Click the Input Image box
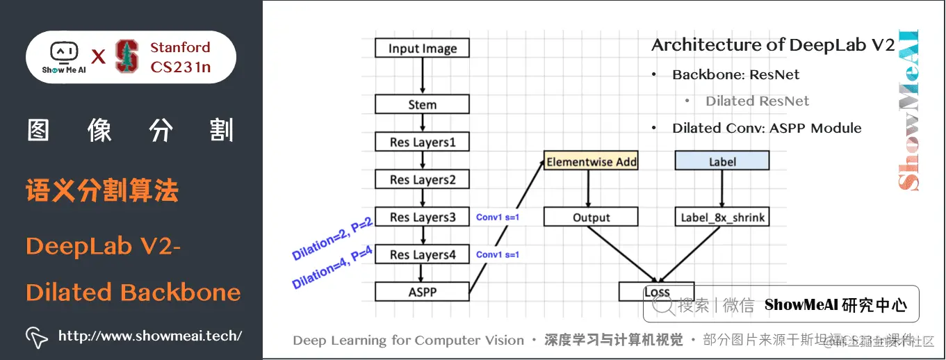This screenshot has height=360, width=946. point(422,48)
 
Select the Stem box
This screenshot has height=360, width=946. point(422,105)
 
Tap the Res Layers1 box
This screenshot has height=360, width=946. point(422,142)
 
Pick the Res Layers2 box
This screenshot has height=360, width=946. point(422,180)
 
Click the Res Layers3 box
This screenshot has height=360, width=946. point(422,218)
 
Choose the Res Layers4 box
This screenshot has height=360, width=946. point(422,255)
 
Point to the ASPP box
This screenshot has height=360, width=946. point(422,291)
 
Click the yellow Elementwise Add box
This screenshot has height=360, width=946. point(591,161)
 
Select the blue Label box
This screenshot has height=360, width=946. point(722,161)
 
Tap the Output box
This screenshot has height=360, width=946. point(591,218)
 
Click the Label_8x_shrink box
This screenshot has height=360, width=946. point(722,218)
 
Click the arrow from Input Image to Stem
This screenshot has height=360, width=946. point(422,76)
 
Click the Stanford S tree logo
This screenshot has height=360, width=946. point(127,57)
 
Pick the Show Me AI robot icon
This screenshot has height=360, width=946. point(64,53)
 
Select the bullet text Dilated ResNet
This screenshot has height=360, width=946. point(757,101)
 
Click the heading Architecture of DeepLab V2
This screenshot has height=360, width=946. point(773,46)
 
